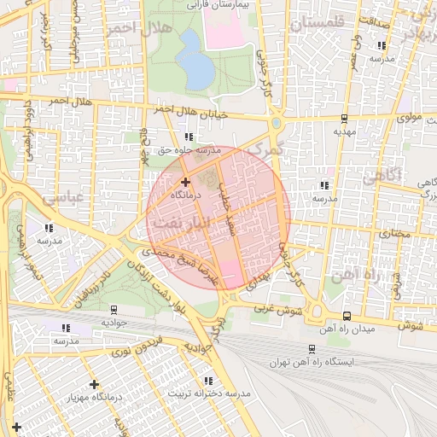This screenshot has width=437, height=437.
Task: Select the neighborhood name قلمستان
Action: pos(321,24)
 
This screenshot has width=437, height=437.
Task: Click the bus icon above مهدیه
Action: pos(343,119)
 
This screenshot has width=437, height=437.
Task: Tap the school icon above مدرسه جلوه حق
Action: pos(189,137)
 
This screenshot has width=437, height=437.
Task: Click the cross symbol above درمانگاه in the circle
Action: pos(185,182)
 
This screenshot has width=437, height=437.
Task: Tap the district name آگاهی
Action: pos(381,177)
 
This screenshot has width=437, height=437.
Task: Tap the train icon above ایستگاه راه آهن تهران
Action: pos(312,348)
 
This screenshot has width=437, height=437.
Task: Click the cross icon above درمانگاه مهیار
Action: pos(94,385)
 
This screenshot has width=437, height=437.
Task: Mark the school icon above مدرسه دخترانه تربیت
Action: pos(208,381)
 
